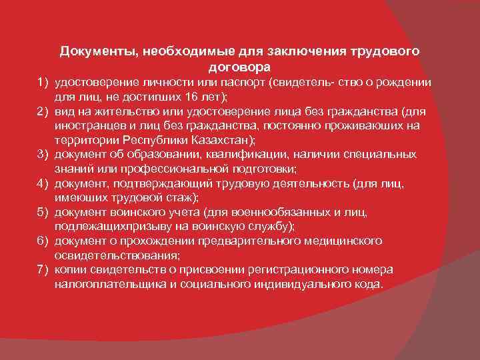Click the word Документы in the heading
[91, 51]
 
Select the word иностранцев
[88, 125]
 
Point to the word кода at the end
[369, 283]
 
